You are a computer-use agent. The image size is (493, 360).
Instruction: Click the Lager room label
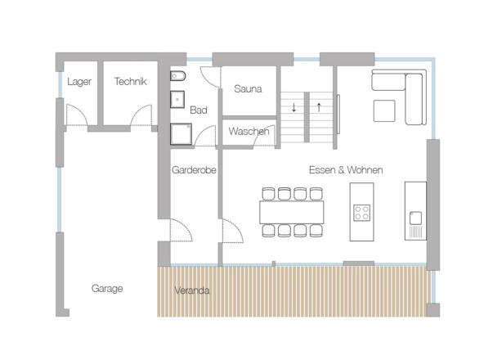80,82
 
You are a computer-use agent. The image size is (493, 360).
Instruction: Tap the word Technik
130,82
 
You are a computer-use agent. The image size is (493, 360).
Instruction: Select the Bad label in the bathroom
198,110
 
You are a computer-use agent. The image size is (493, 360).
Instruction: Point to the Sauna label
247,89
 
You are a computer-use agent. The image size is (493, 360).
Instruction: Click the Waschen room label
249,132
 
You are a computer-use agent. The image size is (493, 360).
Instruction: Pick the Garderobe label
193,170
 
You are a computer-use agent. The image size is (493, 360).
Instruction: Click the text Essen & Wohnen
346,169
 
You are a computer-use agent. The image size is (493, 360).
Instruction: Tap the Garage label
107,289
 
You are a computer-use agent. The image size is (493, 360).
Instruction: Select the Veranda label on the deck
193,290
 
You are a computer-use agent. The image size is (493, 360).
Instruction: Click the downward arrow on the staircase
294,106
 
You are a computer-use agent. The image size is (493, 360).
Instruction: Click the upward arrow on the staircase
318,106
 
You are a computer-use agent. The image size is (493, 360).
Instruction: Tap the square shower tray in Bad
181,133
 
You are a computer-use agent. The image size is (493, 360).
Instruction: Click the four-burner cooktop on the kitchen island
361,213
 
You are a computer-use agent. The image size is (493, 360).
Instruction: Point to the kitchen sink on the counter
415,218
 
